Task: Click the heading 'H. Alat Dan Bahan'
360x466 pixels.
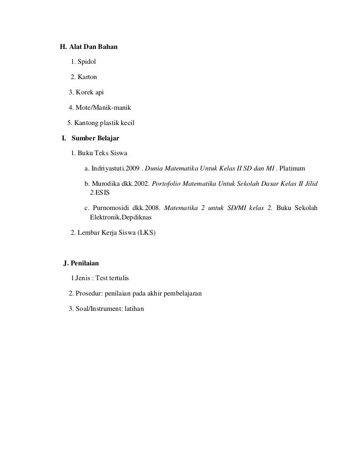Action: point(89,47)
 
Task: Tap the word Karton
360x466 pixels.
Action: point(87,77)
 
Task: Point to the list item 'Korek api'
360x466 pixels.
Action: point(90,92)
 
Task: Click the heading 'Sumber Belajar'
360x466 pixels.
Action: point(95,137)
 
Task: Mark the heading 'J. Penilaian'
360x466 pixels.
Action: point(82,263)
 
